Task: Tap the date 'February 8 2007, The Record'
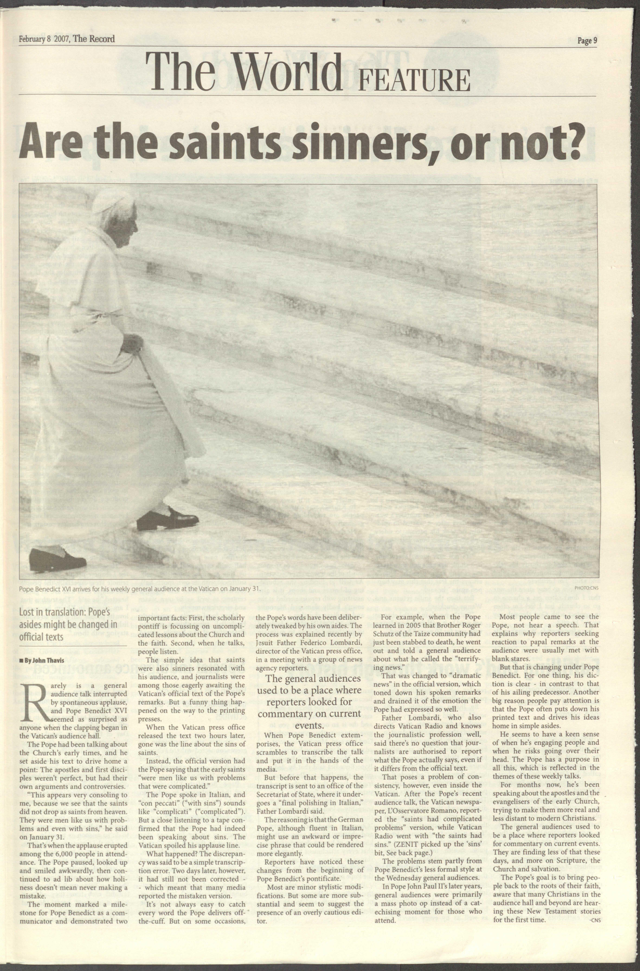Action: pyautogui.click(x=67, y=39)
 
